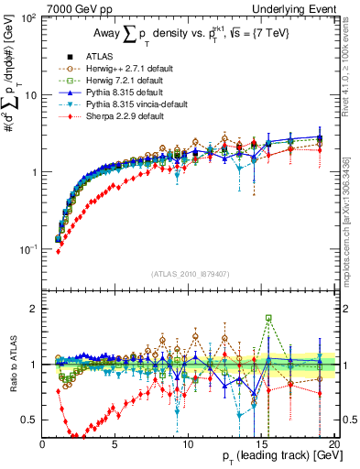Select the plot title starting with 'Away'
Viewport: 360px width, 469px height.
pyautogui.click(x=190, y=35)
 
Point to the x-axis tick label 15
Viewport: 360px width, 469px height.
pyautogui.click(x=262, y=444)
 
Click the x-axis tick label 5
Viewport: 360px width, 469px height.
pyautogui.click(x=115, y=444)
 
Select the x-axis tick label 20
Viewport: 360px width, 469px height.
pyautogui.click(x=333, y=444)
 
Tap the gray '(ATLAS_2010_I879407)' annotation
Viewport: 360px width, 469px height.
pyautogui.click(x=190, y=272)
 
